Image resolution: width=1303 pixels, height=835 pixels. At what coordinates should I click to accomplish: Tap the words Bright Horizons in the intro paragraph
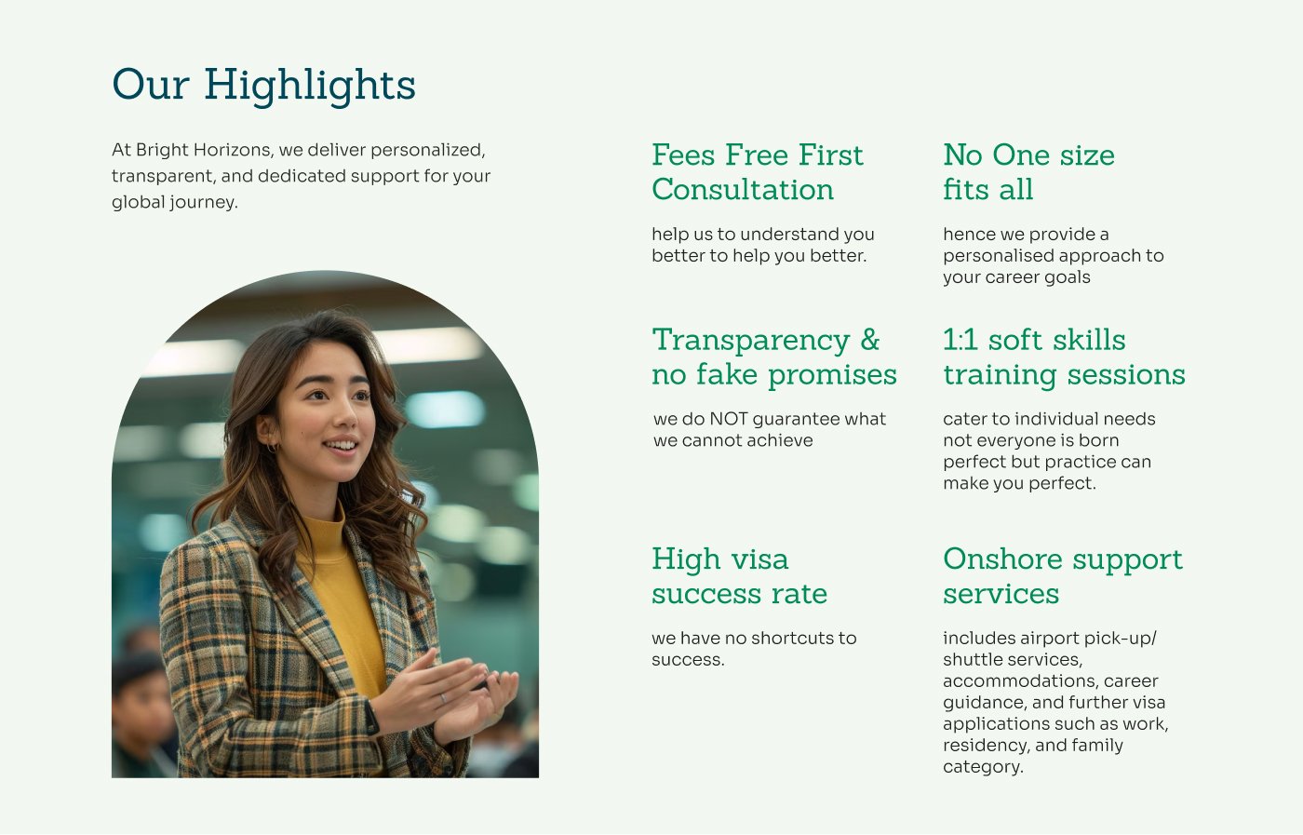coord(204,150)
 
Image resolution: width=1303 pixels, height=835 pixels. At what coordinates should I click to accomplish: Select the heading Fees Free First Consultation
coord(758,172)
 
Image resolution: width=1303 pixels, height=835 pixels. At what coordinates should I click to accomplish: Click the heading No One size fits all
coord(1029,172)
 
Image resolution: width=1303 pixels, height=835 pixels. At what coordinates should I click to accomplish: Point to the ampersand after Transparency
coord(870,339)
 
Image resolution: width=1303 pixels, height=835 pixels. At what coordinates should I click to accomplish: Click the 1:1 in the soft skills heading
coord(960,339)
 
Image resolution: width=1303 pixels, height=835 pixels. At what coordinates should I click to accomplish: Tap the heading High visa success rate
coord(739,576)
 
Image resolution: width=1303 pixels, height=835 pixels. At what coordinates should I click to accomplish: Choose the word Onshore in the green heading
coord(1003,559)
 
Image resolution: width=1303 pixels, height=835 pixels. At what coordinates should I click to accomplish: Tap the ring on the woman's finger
coord(443,698)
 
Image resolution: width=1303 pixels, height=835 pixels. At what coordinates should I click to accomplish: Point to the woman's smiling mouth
coord(341,445)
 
